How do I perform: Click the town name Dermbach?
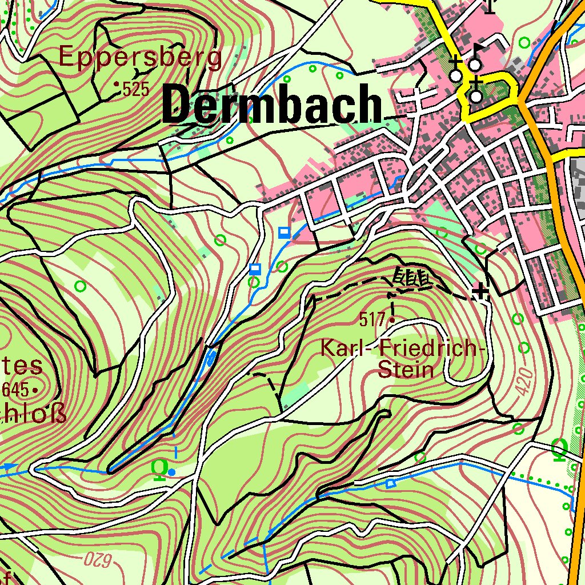pos(272,106)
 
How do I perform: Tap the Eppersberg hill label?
pos(140,58)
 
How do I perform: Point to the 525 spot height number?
pos(135,89)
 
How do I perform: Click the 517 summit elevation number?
pos(372,320)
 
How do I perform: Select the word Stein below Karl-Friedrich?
pos(406,370)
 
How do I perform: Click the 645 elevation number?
pos(15,390)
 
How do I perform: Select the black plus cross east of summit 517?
pos(481,292)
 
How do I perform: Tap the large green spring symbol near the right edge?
pos(560,450)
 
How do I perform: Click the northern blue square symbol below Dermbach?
pos(284,233)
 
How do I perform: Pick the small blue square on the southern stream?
pos(390,484)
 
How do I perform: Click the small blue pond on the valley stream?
pos(210,358)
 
